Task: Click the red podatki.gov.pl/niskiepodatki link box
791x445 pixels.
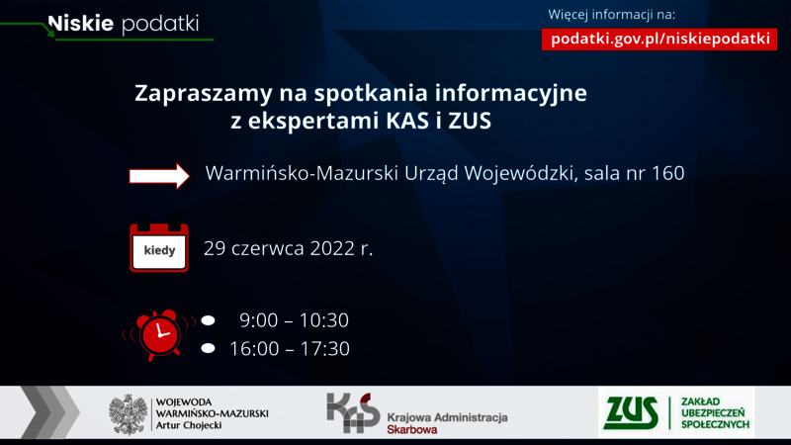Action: click(x=659, y=40)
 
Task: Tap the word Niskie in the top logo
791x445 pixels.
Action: click(x=81, y=23)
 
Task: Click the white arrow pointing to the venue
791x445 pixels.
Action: click(x=159, y=176)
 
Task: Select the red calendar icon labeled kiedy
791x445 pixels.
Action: click(x=159, y=244)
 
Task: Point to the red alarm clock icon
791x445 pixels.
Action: click(x=160, y=335)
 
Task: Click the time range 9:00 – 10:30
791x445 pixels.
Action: click(x=294, y=320)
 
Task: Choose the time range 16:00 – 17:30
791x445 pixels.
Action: click(x=290, y=349)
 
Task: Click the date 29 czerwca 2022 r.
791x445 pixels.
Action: click(x=288, y=248)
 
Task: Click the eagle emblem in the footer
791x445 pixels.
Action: click(x=129, y=414)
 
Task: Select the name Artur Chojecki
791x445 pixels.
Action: click(x=189, y=425)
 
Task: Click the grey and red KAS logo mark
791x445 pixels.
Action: click(x=353, y=412)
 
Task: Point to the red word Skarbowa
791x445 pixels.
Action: click(x=412, y=430)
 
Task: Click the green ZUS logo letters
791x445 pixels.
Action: click(x=633, y=413)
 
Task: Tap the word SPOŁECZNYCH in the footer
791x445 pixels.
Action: click(x=715, y=425)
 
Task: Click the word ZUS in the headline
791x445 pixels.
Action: click(x=470, y=121)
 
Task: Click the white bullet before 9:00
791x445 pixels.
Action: click(x=208, y=320)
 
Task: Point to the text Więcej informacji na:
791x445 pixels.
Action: click(x=611, y=15)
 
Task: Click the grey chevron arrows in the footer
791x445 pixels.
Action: click(x=50, y=412)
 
